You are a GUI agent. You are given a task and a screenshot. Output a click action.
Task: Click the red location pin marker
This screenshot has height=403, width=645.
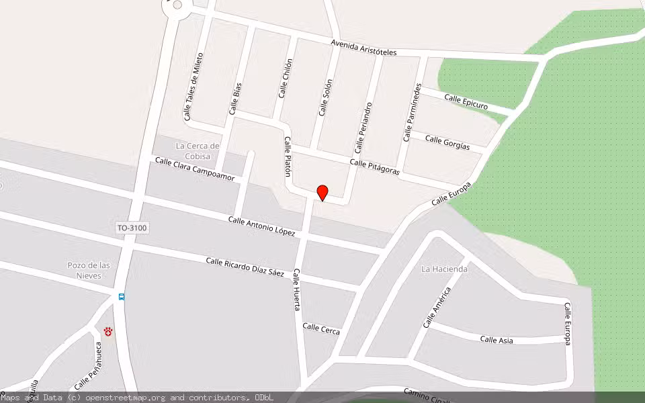322,192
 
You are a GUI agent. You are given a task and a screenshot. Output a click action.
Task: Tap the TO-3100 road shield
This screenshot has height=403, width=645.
132,228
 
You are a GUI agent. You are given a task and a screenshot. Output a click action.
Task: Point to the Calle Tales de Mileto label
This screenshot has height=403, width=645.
193,87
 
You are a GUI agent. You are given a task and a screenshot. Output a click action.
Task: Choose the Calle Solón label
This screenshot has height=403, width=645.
326,97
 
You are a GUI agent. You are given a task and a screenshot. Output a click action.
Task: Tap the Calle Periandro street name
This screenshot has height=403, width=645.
363,128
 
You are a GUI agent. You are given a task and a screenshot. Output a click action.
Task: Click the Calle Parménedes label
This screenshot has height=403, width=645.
413,112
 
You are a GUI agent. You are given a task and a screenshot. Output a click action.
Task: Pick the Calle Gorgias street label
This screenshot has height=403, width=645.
447,143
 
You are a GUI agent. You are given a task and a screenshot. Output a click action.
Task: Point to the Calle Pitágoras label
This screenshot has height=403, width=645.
374,167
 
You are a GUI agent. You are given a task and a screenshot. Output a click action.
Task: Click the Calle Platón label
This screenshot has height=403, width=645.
288,156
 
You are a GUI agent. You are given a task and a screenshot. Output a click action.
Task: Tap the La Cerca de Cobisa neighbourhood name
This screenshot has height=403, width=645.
198,151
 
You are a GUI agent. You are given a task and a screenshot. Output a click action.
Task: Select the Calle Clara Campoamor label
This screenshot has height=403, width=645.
195,169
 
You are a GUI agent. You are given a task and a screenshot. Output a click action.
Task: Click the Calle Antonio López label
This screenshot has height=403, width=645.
262,226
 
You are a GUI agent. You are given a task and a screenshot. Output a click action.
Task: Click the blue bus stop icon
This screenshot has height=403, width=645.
122,297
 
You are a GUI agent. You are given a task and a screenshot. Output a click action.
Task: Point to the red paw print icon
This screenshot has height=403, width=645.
108,331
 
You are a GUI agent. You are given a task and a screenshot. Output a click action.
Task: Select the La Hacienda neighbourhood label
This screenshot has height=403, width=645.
444,269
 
